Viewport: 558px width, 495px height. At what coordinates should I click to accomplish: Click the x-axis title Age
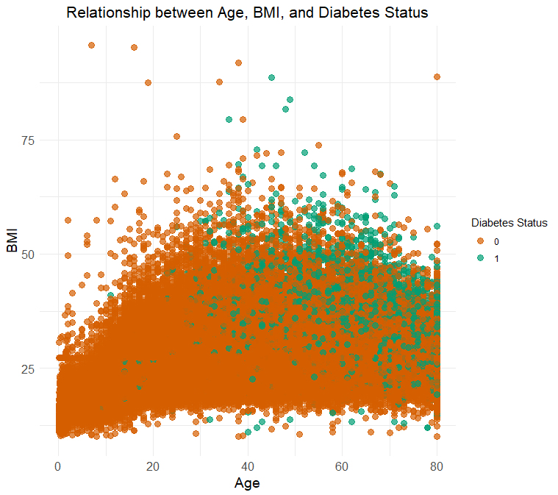click(246, 483)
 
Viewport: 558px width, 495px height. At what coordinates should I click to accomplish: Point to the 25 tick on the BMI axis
click(28, 368)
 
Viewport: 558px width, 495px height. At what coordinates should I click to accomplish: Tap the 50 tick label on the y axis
click(28, 254)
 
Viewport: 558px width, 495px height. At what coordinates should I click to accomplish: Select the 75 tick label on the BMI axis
click(28, 140)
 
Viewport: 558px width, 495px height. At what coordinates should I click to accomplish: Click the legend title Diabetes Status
click(509, 224)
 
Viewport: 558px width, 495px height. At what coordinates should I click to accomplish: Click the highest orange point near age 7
click(91, 45)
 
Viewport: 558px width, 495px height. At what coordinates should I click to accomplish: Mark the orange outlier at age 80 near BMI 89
click(437, 76)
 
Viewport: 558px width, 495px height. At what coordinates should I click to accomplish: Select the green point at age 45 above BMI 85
click(271, 77)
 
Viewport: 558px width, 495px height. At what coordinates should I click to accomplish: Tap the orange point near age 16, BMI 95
click(134, 47)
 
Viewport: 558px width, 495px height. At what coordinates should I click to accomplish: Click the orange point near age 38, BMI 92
click(238, 63)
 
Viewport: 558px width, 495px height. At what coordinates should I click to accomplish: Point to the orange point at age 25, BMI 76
click(176, 136)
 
